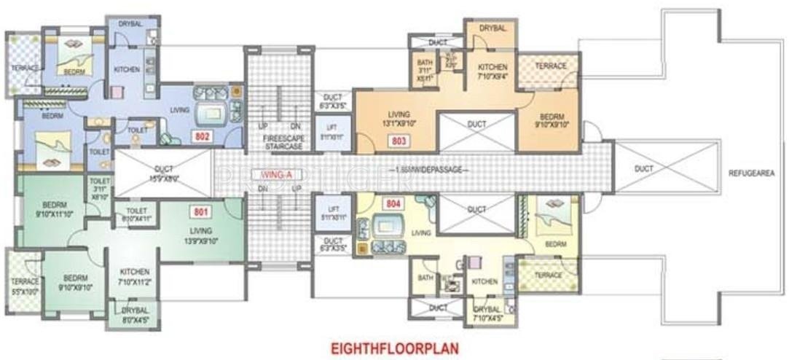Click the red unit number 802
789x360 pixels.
click(x=202, y=136)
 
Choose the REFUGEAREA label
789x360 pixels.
click(x=751, y=174)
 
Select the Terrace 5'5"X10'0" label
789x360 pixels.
click(x=24, y=286)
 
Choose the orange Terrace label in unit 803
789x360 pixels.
click(x=551, y=66)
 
